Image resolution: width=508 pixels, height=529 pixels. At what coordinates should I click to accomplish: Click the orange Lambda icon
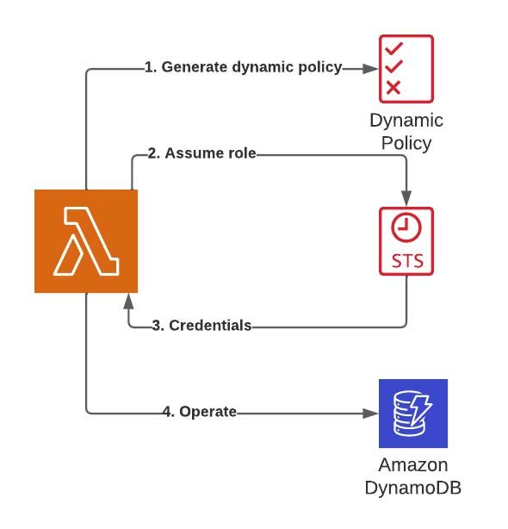pos(86,241)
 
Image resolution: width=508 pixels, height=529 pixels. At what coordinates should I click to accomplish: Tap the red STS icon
pos(406,241)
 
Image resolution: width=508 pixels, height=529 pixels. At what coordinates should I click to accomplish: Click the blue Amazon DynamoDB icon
pos(413,414)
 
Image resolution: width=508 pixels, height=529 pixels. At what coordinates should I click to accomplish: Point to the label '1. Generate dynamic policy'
pos(243,67)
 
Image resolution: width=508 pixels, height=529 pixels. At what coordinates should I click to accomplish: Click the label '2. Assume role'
pos(201,153)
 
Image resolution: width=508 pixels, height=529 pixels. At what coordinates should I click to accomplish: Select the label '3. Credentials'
pos(201,326)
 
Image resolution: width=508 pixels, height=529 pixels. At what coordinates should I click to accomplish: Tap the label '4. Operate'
pos(199,412)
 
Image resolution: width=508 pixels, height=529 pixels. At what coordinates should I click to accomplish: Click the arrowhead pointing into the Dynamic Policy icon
pos(372,68)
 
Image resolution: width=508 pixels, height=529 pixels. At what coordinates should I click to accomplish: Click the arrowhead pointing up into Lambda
pos(129,300)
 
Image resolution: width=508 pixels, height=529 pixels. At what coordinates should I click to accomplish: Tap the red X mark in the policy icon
pos(393,86)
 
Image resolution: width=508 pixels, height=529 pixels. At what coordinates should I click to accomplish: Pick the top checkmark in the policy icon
pos(393,48)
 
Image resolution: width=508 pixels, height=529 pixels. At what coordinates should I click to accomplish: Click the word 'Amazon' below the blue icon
pos(413,465)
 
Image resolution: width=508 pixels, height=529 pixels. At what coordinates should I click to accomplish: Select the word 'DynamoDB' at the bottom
pos(413,488)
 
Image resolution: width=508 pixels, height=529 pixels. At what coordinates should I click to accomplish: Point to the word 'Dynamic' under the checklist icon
pos(406,121)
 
